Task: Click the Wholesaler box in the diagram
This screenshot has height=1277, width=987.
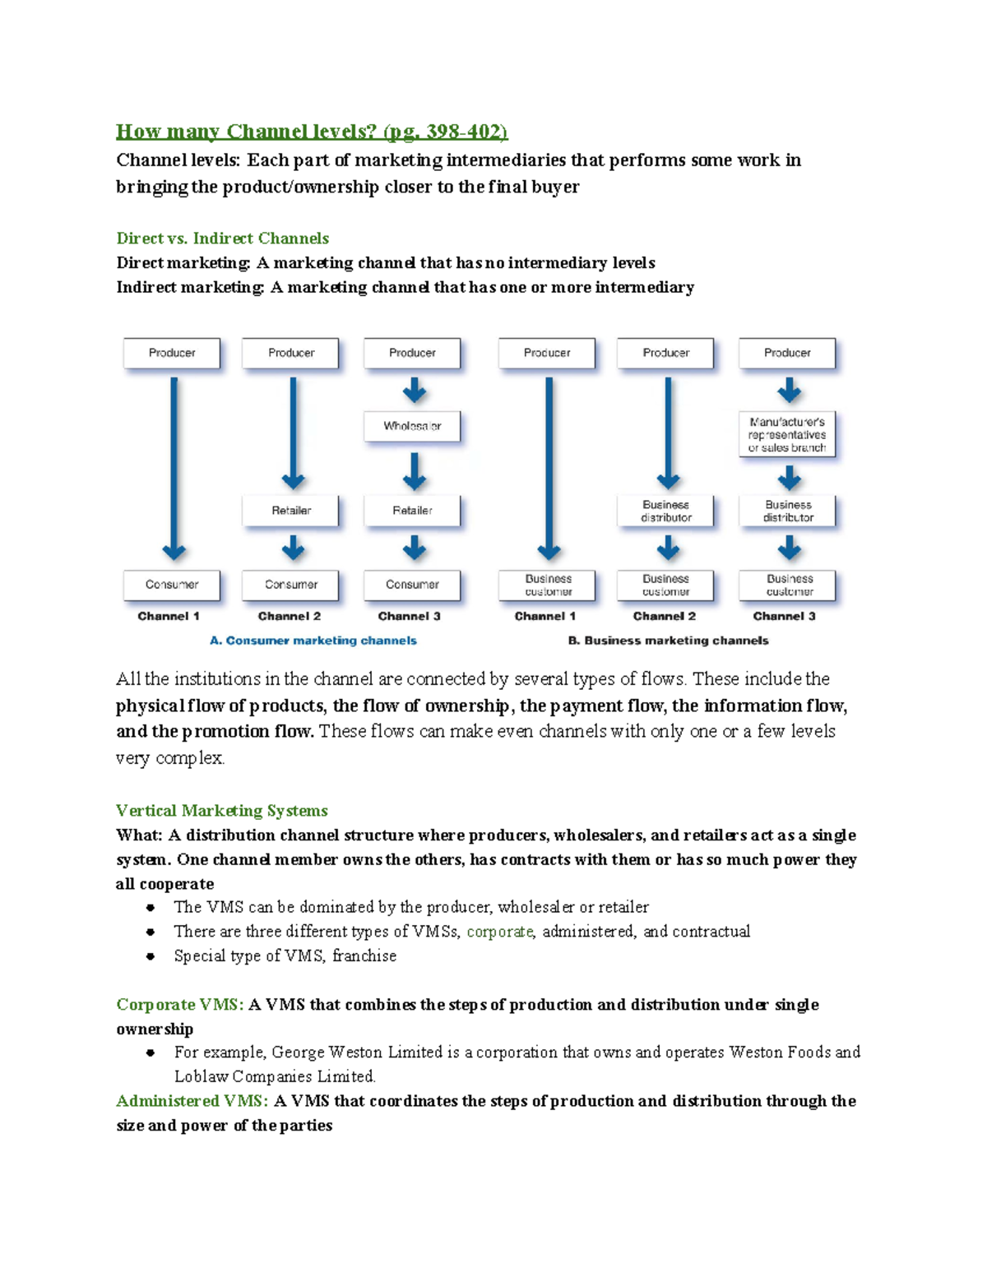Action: (412, 426)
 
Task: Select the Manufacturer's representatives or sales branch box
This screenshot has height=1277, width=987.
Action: (787, 435)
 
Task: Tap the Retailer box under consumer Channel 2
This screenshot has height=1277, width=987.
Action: (291, 511)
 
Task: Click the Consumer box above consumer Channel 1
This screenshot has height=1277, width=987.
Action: (172, 585)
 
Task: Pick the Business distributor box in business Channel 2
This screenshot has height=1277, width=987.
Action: (666, 511)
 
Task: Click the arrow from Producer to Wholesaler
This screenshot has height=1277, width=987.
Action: (415, 390)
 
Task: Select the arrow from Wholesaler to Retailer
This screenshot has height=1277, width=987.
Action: (415, 472)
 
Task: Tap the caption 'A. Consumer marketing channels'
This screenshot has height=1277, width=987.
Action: (313, 641)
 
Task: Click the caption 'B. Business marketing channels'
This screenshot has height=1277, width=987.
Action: (668, 641)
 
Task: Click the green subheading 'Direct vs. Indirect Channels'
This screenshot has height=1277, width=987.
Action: (223, 238)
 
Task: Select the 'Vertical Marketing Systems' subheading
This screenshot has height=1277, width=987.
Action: (222, 811)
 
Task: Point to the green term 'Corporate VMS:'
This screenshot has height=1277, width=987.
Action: (180, 1005)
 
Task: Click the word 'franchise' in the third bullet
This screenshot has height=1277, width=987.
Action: (364, 955)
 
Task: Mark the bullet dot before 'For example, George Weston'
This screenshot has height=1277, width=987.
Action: (151, 1053)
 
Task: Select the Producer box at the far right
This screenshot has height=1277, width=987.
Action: (787, 353)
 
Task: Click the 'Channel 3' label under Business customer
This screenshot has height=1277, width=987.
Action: (785, 616)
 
